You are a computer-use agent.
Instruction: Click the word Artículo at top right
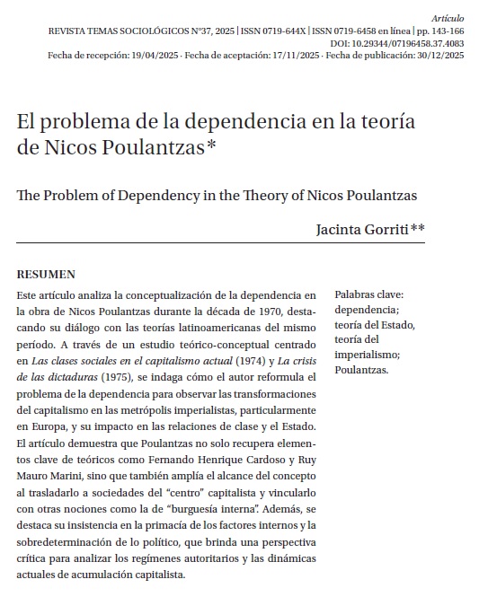[x=448, y=18]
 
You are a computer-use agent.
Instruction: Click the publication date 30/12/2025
[x=437, y=56]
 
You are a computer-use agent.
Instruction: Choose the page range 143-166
[x=445, y=31]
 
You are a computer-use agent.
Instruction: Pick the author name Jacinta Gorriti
[x=360, y=229]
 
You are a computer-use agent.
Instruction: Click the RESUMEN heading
[x=47, y=275]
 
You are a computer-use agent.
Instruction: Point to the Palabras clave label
[x=368, y=294]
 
